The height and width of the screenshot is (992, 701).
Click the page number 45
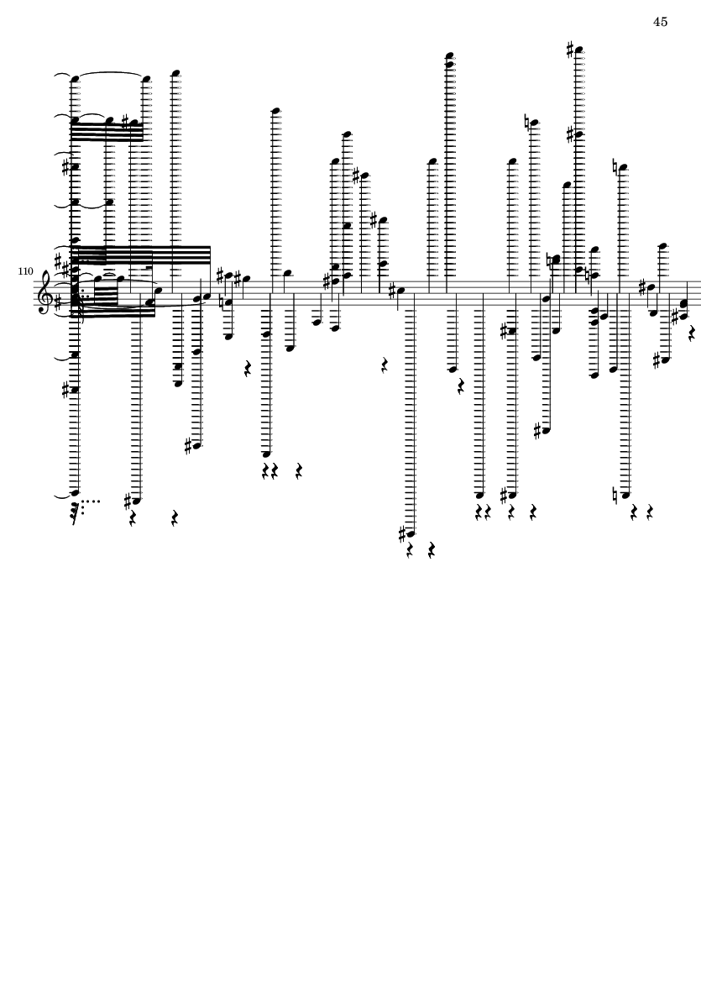tap(660, 22)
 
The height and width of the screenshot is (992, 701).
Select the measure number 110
tap(25, 271)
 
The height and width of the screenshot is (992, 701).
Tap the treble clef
tap(45, 291)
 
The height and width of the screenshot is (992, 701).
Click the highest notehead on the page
tap(578, 50)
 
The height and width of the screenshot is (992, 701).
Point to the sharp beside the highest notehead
tap(570, 49)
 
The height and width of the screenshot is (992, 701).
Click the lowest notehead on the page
tap(411, 533)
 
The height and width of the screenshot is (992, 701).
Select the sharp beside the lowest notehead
tap(403, 533)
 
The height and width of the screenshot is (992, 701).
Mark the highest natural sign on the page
tap(526, 121)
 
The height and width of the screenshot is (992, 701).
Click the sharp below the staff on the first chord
tap(65, 390)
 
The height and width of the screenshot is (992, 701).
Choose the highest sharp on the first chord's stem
tap(65, 167)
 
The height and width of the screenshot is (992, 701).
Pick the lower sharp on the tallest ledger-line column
tap(570, 134)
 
